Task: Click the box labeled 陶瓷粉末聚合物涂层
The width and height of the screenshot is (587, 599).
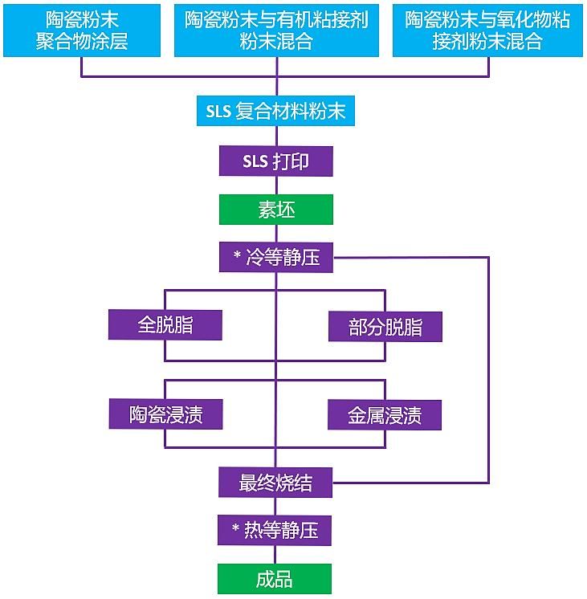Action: point(82,30)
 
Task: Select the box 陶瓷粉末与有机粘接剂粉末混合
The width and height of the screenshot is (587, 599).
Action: point(275,30)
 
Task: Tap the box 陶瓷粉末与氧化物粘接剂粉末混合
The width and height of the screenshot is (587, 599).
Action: point(487,30)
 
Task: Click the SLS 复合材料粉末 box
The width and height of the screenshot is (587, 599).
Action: point(275,112)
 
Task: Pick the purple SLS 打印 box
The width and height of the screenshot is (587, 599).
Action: point(275,161)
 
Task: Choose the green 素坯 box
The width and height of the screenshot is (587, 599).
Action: point(275,210)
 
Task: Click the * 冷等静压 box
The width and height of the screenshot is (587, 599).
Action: point(275,258)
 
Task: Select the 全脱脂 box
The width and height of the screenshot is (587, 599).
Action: point(165,325)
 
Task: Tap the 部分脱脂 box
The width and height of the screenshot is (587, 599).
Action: point(385,327)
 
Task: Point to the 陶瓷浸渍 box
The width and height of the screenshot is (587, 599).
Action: point(165,414)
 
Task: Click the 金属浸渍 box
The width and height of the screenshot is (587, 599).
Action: point(385,415)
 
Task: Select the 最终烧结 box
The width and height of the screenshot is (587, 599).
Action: point(275,483)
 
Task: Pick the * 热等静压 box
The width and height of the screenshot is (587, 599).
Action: point(275,531)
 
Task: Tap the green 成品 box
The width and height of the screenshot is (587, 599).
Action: point(275,579)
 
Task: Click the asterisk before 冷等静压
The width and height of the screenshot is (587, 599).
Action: point(237,256)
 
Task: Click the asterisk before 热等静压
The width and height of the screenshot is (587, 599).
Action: point(237,529)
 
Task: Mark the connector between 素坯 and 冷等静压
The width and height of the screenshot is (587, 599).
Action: point(275,233)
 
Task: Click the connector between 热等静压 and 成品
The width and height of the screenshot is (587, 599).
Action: point(275,555)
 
